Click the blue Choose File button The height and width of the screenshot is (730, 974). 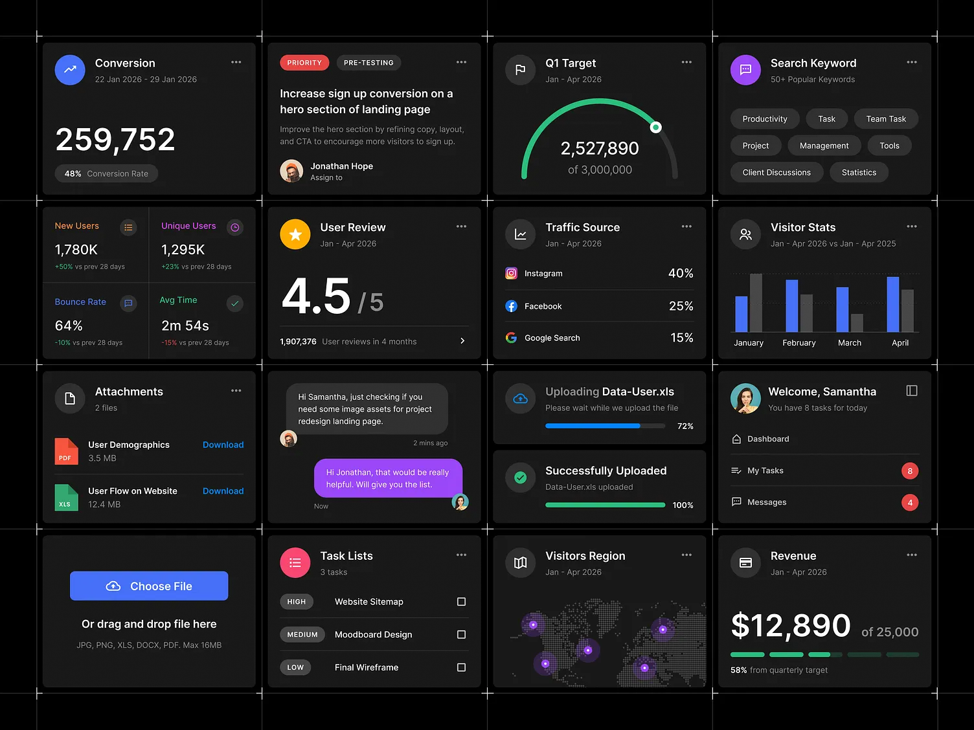[x=149, y=586]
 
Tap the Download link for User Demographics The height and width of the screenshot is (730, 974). [x=223, y=445]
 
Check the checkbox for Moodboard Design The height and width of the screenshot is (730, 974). [x=461, y=635]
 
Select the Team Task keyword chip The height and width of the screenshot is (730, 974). [x=885, y=119]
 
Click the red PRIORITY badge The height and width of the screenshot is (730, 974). [x=304, y=63]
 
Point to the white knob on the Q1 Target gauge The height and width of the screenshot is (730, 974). [x=655, y=127]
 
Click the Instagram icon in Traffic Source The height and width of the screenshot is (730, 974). [x=511, y=274]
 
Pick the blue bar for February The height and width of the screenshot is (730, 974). [x=791, y=306]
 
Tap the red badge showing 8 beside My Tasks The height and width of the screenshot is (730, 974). [x=909, y=471]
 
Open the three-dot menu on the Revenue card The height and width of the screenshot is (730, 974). [x=911, y=555]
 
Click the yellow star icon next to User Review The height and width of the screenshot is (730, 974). [x=295, y=234]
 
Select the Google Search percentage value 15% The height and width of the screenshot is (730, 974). [x=681, y=338]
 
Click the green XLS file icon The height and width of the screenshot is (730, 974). [x=66, y=498]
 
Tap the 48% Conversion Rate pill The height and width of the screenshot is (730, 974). [x=106, y=173]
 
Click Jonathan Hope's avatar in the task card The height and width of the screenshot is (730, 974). [x=291, y=171]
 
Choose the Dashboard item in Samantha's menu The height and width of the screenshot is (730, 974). [x=767, y=439]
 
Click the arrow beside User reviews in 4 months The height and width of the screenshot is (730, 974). [x=462, y=341]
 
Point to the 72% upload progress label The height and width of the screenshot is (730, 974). [x=685, y=426]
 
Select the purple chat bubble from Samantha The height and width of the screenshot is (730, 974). [x=388, y=478]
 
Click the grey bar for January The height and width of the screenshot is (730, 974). [x=756, y=303]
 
